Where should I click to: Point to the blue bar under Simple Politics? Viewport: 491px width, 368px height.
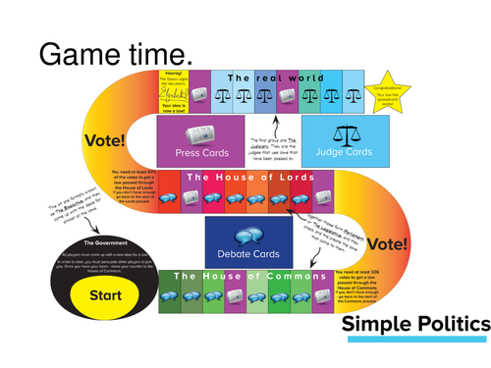pyautogui.click(x=413, y=340)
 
